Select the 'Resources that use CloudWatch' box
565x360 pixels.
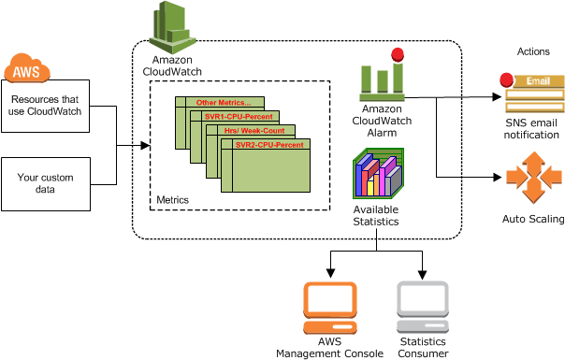[x=47, y=106]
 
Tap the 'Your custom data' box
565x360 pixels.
[x=46, y=183]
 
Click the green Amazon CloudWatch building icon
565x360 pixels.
[x=172, y=28]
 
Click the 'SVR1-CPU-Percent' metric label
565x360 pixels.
[x=238, y=117]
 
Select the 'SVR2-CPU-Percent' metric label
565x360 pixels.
[x=268, y=146]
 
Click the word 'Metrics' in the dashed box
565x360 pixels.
[x=172, y=200]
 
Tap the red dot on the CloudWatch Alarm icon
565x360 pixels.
[x=398, y=54]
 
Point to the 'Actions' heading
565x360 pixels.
[x=533, y=50]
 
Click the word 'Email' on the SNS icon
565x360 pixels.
[x=537, y=81]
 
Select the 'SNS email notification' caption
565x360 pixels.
[x=533, y=129]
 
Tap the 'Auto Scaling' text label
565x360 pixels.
[x=533, y=219]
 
